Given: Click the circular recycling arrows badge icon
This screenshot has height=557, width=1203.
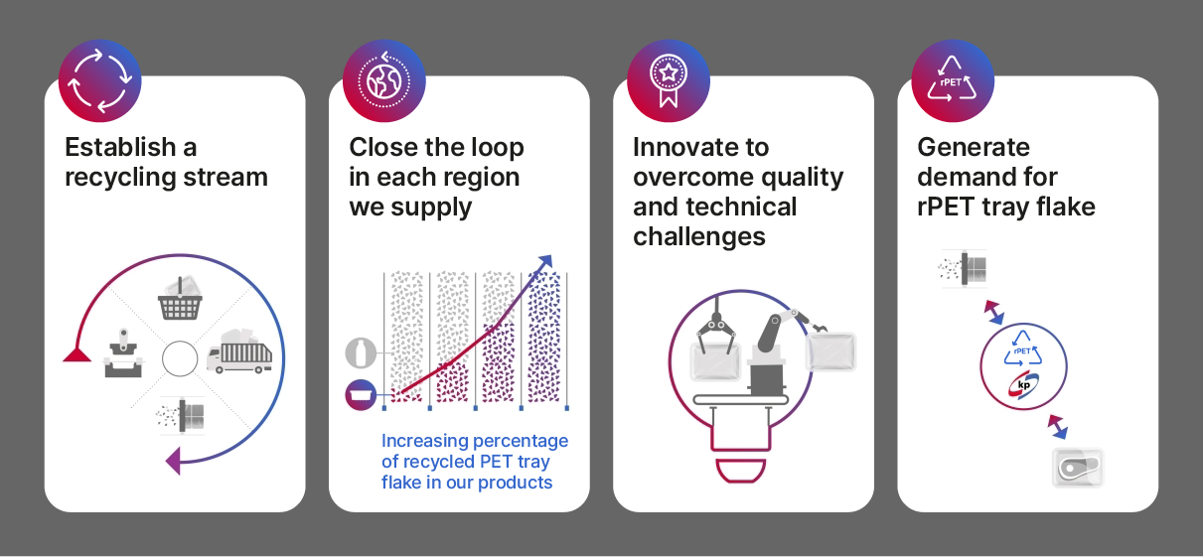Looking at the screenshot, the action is [100, 81].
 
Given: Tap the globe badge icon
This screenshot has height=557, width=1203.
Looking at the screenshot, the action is [384, 81].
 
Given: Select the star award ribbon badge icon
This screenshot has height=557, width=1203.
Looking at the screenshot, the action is [669, 81].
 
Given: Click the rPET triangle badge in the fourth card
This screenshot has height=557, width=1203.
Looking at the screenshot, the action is [953, 81].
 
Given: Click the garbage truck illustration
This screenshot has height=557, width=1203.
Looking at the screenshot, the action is [239, 351].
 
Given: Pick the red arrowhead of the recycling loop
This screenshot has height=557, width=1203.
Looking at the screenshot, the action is [76, 354].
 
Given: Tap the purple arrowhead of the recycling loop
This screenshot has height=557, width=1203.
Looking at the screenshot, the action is [173, 461].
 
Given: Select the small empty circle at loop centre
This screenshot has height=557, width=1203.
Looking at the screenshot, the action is [180, 358].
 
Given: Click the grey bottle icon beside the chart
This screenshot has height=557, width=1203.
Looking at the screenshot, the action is [361, 352].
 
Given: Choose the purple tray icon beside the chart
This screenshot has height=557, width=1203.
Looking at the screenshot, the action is [361, 395].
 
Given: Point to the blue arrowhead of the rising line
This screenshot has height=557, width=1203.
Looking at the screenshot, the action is [545, 261].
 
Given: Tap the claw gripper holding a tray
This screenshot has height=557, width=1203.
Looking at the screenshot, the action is [716, 326].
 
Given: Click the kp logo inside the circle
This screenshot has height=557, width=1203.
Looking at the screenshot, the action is [1023, 385].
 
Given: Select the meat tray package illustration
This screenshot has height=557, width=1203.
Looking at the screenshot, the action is [1078, 468].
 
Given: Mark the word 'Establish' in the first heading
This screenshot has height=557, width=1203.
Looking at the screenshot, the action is [120, 147].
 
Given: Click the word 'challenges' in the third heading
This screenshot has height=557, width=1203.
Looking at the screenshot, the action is [698, 236].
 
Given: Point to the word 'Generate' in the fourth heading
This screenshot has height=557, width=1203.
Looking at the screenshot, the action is [974, 147].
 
